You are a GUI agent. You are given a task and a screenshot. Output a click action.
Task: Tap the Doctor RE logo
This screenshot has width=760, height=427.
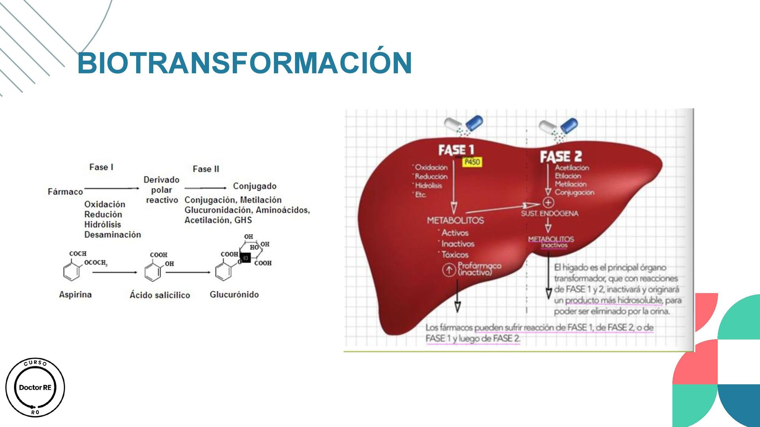tap(35, 387)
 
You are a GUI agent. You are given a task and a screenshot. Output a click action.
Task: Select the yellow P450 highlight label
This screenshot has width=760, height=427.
tap(472, 162)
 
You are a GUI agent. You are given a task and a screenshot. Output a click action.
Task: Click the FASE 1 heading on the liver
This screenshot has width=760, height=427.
tap(456, 150)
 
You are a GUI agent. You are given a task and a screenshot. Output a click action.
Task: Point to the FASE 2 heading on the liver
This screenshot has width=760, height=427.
tap(561, 157)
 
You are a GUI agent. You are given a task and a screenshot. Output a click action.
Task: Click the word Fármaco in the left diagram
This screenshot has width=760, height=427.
tap(65, 192)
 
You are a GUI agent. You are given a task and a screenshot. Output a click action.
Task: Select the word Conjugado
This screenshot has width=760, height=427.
tap(255, 186)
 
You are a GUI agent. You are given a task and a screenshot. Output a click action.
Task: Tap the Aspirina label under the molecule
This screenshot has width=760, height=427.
tap(75, 295)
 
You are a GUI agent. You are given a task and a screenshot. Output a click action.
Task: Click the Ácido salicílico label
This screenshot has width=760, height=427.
tap(160, 295)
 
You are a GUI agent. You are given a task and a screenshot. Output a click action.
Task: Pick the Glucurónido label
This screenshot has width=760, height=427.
tap(234, 295)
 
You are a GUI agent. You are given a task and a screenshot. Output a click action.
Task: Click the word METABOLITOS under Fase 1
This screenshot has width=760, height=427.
tap(455, 220)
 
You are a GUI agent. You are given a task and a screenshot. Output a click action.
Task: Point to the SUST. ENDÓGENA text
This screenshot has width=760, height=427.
tap(549, 213)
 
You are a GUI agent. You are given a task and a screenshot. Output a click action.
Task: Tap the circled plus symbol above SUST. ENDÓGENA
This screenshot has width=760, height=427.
tap(548, 203)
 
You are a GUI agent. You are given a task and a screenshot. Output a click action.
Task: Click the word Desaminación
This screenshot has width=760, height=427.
tap(112, 234)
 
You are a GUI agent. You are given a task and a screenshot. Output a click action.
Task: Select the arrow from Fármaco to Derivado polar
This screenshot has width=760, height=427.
tap(112, 189)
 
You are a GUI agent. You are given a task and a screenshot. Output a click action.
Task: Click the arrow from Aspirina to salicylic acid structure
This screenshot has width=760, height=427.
tap(115, 272)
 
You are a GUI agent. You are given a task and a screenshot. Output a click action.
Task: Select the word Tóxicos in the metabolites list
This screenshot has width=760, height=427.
tap(455, 255)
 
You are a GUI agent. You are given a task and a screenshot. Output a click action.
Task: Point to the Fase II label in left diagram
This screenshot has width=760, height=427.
tap(206, 169)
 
